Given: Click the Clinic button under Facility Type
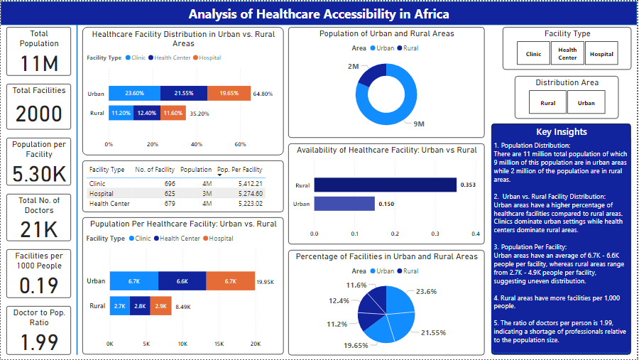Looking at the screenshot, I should (533, 54).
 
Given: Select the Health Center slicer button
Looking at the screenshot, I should (567, 54).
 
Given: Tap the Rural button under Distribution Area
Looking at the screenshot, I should (548, 103).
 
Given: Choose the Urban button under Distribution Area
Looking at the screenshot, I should (586, 103).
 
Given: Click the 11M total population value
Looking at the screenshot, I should (39, 64).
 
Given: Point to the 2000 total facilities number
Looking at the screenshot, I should (39, 114).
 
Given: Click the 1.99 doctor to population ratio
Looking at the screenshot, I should (39, 342).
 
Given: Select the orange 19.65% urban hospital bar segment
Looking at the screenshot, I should (229, 93).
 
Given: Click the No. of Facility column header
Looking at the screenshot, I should (155, 170).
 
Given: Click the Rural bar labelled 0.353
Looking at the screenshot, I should (386, 185).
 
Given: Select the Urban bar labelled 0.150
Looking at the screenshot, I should (344, 204).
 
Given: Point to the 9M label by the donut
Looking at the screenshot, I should (418, 124).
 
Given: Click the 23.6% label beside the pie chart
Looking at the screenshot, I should (426, 291).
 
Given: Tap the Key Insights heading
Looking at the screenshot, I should (561, 132).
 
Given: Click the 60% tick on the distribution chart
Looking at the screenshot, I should (240, 144).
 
